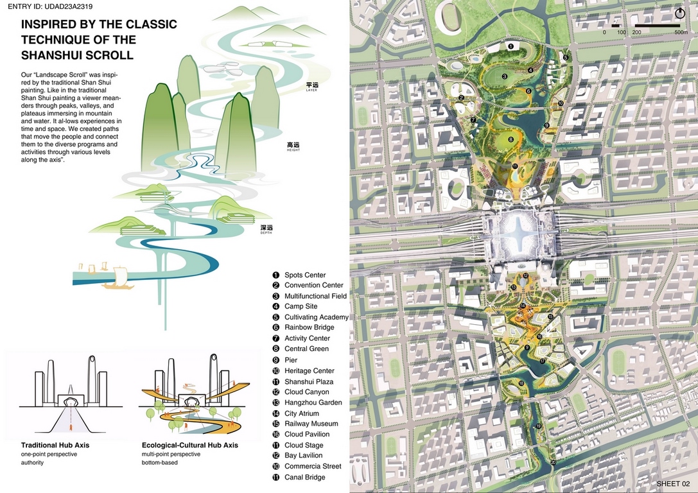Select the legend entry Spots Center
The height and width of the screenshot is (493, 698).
click(x=305, y=275)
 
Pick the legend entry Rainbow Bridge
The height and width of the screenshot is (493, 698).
click(x=309, y=328)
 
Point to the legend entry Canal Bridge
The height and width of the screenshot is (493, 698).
click(x=305, y=477)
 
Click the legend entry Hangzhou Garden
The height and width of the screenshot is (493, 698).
click(x=313, y=402)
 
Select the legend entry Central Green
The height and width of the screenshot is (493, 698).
click(x=306, y=349)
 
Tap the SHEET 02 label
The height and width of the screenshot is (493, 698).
click(x=673, y=483)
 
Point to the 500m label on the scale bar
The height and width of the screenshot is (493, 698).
click(x=681, y=32)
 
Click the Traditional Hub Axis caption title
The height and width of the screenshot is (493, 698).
click(x=55, y=445)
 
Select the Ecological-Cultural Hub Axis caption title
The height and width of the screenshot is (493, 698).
click(x=189, y=445)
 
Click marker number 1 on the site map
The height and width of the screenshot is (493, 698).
click(x=510, y=46)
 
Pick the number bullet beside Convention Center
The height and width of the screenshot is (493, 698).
click(x=276, y=286)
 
